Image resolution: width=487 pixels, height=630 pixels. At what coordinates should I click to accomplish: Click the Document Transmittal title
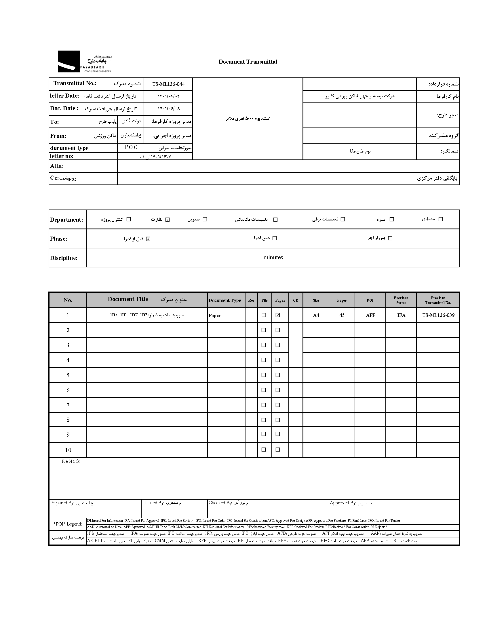pyautogui.click(x=248, y=62)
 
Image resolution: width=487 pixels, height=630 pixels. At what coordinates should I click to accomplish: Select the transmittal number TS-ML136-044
pyautogui.click(x=168, y=84)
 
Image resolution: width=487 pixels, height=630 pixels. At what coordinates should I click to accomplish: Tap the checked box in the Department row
pyautogui.click(x=168, y=220)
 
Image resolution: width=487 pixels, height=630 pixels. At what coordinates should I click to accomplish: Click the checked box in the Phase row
pyautogui.click(x=148, y=239)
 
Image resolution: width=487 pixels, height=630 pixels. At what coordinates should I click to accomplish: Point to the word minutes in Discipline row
pyautogui.click(x=273, y=257)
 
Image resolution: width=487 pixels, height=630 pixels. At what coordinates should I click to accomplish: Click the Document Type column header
pyautogui.click(x=225, y=300)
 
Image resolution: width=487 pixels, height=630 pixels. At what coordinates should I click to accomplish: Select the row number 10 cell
pyautogui.click(x=68, y=450)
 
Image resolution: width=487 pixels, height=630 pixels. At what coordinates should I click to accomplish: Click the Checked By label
pyautogui.click(x=220, y=503)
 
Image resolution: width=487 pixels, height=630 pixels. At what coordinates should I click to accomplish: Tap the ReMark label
pyautogui.click(x=71, y=461)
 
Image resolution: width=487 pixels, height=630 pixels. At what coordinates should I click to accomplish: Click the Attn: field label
pyautogui.click(x=57, y=166)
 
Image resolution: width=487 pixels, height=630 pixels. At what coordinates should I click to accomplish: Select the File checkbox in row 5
pyautogui.click(x=264, y=375)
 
